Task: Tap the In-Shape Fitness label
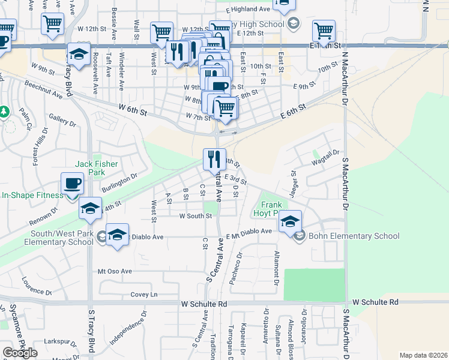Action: pyautogui.click(x=32, y=195)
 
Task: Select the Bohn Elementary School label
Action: pyautogui.click(x=354, y=236)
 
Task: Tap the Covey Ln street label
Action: pyautogui.click(x=144, y=295)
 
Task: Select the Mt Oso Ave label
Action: pyautogui.click(x=115, y=271)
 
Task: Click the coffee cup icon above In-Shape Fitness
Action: pyautogui.click(x=73, y=183)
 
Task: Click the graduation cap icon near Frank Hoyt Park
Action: pyautogui.click(x=290, y=221)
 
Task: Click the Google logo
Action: pyautogui.click(x=20, y=353)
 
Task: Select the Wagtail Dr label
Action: pyautogui.click(x=325, y=158)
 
